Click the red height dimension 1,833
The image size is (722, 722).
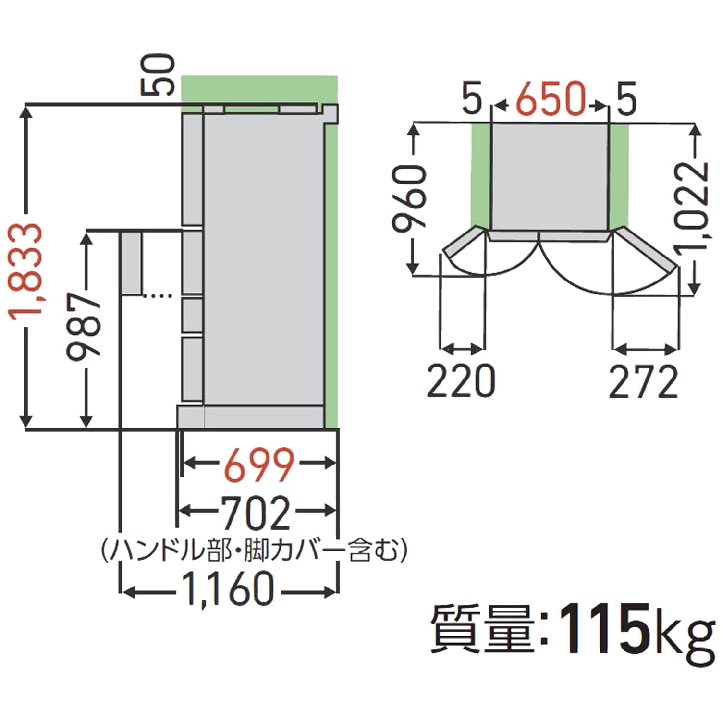point(25,269)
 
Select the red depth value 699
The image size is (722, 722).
point(259,464)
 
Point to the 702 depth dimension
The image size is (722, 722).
point(257,512)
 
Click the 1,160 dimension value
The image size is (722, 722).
point(229,589)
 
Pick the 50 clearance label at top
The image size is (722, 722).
point(158,74)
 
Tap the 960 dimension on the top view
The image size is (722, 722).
point(409,198)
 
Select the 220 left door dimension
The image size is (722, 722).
point(461,381)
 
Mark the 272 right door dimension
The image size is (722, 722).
point(643,382)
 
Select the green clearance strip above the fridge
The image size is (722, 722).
point(259,89)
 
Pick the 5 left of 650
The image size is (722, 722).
point(472,98)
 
